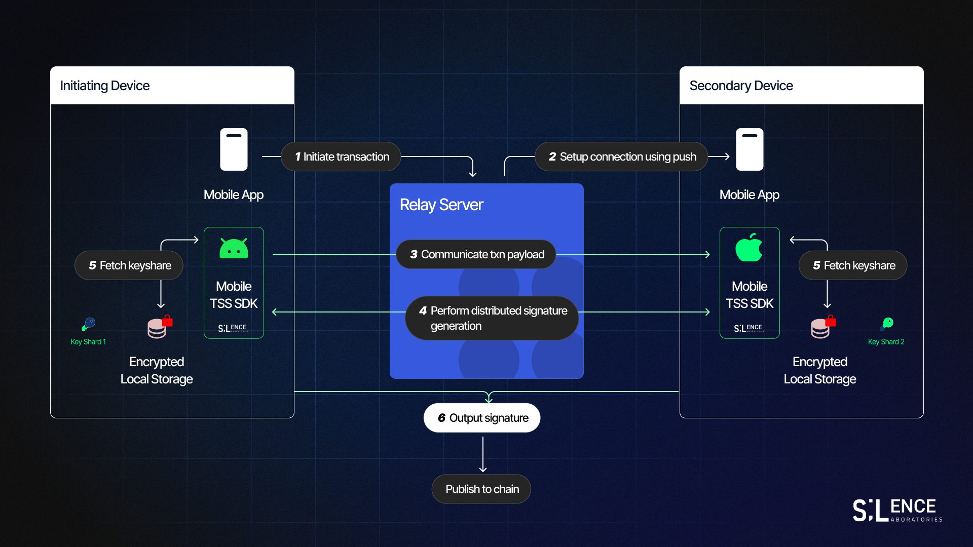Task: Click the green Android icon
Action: [x=234, y=249]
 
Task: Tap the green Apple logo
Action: [x=749, y=248]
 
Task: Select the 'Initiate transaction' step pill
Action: [x=341, y=157]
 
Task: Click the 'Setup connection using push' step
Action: [x=621, y=157]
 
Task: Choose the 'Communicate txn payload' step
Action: [x=476, y=254]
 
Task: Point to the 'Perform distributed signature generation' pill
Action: [x=492, y=318]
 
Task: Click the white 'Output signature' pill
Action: [x=482, y=418]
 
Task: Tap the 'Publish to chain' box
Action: [x=481, y=489]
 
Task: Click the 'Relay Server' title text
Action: [x=441, y=205]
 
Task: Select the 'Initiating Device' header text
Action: [x=105, y=86]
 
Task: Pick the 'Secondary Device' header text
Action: [x=741, y=86]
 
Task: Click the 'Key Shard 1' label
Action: [x=88, y=342]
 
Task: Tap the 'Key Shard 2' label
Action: [x=886, y=342]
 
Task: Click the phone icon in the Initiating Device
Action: [x=234, y=149]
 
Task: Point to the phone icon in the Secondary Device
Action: [x=750, y=149]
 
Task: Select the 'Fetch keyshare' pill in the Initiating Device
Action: [x=129, y=265]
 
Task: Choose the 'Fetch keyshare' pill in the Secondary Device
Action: [x=853, y=265]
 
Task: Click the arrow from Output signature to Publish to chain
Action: [x=483, y=454]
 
